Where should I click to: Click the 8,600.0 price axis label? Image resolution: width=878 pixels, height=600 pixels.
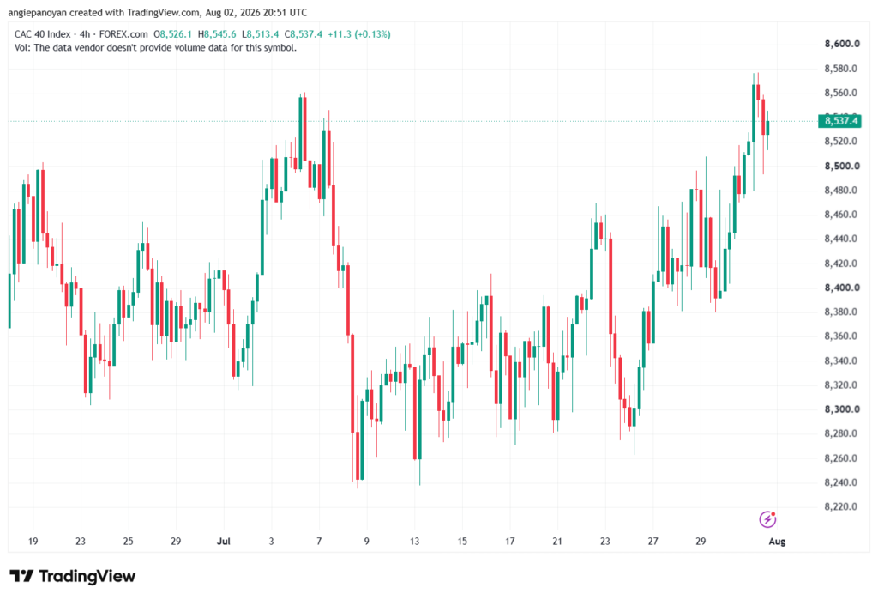click(842, 44)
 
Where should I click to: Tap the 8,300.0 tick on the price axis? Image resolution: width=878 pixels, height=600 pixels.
click(842, 409)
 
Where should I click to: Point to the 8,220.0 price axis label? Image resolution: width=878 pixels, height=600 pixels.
click(842, 507)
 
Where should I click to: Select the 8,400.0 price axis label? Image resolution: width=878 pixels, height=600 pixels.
click(842, 288)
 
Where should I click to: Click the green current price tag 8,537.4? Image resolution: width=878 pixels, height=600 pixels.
click(839, 121)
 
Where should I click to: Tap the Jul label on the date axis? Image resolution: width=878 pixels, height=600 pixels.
click(224, 542)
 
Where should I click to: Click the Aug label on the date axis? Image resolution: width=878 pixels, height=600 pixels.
click(777, 542)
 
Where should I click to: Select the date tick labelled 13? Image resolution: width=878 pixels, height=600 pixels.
click(414, 542)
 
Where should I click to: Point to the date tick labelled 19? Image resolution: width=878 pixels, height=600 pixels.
click(33, 542)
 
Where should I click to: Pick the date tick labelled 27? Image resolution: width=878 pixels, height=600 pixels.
click(652, 542)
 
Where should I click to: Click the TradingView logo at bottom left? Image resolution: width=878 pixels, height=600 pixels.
click(73, 577)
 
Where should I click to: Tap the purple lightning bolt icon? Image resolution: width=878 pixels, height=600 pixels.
click(767, 519)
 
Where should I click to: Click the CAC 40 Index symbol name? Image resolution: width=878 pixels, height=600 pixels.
click(43, 34)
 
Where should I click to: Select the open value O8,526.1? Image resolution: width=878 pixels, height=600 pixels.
click(173, 34)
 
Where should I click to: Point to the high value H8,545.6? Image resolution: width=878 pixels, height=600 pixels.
click(217, 34)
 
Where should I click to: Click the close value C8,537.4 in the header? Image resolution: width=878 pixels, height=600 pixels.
click(303, 34)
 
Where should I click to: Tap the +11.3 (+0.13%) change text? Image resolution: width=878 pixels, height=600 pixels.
click(359, 34)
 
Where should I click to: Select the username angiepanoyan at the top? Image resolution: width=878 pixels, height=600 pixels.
click(37, 12)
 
